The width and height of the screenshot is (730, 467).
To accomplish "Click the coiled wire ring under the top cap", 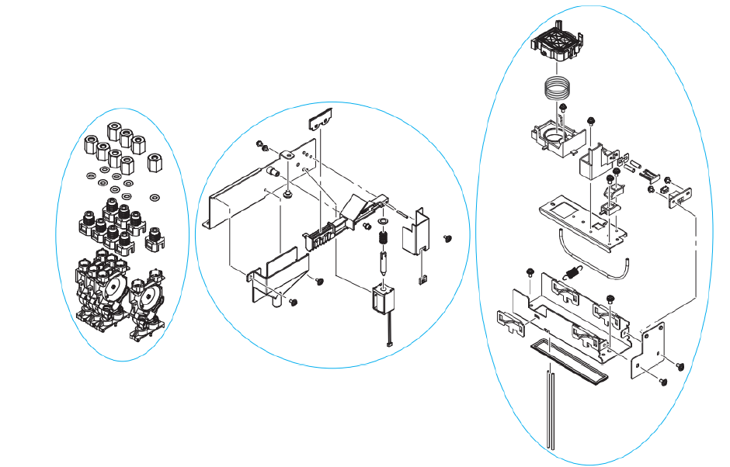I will [x=558, y=88].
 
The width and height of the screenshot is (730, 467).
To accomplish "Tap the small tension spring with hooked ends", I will [x=573, y=272].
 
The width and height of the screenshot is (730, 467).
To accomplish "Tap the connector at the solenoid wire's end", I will [x=390, y=342].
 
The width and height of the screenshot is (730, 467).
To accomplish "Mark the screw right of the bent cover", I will [x=447, y=239].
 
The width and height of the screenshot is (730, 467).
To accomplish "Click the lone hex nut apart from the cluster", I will [x=154, y=164].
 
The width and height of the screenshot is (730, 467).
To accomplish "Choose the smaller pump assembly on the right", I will [x=148, y=303].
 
